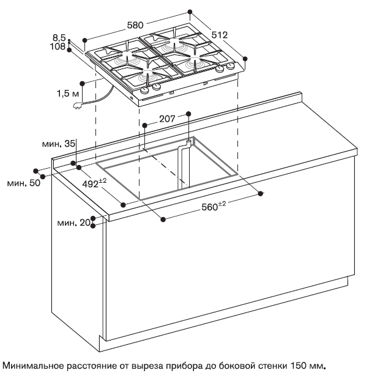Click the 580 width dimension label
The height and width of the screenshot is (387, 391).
pos(135,25)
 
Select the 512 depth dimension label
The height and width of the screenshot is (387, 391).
pos(219,35)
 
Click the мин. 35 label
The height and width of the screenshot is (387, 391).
pos(59,144)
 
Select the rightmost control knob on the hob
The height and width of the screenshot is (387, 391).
pos(231,67)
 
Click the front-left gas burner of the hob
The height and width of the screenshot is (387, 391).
pos(147,76)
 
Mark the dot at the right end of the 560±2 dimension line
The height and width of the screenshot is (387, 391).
pos(261,194)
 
